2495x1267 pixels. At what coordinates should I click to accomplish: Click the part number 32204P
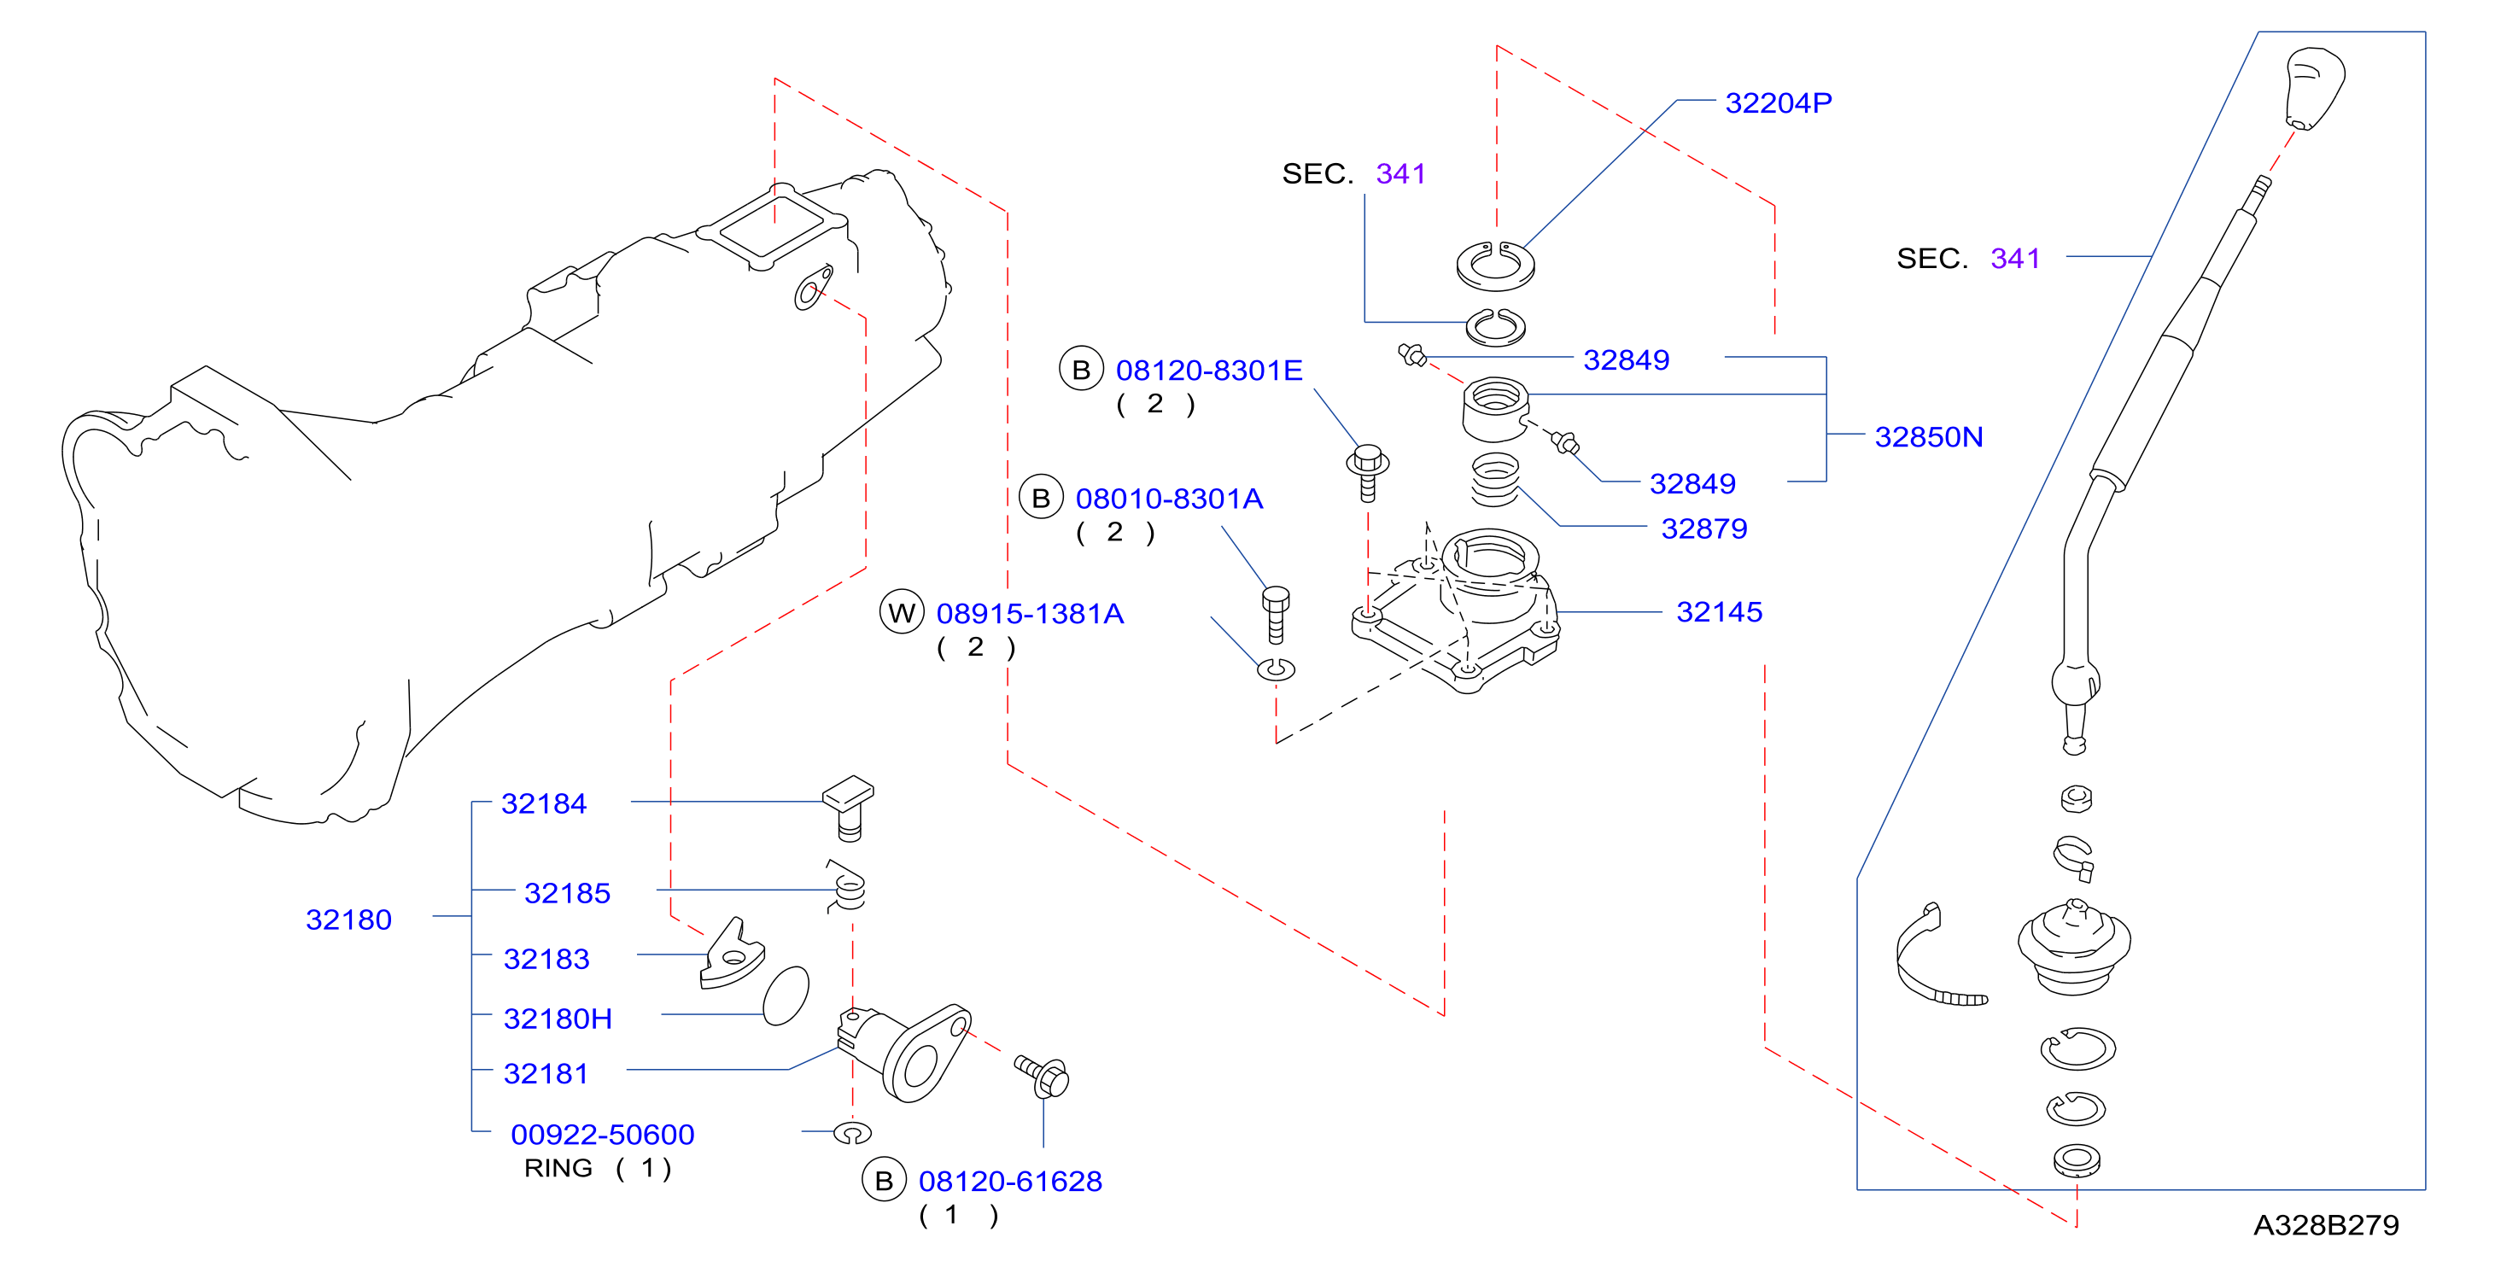tap(1779, 102)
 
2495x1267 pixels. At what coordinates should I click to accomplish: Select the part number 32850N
tap(1928, 437)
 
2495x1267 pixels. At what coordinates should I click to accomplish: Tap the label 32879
tap(1703, 528)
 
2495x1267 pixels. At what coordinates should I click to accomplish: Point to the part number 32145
tap(1719, 612)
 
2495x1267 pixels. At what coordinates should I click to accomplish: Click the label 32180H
tap(558, 1019)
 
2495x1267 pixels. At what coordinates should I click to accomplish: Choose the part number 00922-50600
tap(603, 1135)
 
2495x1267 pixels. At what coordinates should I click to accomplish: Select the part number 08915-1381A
tap(1030, 613)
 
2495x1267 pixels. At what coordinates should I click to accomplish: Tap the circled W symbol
tap(902, 612)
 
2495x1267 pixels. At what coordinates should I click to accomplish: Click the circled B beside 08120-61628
tap(883, 1181)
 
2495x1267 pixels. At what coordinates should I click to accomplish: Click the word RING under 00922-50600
tap(558, 1168)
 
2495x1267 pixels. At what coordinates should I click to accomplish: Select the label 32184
tap(543, 804)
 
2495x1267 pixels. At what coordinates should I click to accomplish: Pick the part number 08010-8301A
tap(1169, 499)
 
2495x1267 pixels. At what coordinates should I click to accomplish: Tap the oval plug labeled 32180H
tap(786, 995)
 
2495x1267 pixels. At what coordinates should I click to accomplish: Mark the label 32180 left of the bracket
tap(348, 920)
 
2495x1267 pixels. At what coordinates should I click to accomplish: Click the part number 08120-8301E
tap(1209, 370)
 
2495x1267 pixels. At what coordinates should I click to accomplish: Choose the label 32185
tap(567, 893)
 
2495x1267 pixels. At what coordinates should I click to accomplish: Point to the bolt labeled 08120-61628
tap(1043, 1075)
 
